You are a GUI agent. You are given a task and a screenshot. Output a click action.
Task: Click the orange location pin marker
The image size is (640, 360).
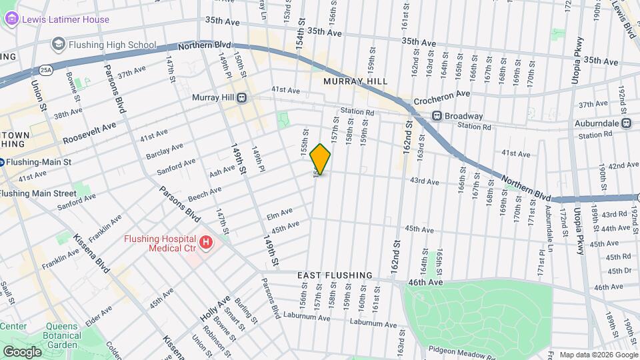pos(320,159)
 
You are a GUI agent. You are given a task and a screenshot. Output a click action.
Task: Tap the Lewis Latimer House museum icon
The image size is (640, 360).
pos(12,19)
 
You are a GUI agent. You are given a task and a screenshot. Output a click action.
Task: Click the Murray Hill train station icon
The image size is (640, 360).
pos(241,98)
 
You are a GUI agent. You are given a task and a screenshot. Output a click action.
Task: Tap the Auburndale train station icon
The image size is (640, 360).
pos(626,123)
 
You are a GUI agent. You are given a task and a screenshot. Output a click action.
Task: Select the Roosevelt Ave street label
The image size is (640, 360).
pos(89,133)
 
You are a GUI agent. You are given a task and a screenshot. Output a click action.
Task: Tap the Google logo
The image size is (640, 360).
pos(21,351)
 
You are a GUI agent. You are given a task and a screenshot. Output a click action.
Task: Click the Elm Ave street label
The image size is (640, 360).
pos(279,213)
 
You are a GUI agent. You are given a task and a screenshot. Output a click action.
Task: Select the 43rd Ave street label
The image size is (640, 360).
pos(424,181)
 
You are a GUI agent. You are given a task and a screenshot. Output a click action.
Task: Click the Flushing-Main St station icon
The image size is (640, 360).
pos(2,161)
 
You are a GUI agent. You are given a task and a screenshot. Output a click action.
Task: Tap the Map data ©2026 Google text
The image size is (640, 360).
pos(598,355)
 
